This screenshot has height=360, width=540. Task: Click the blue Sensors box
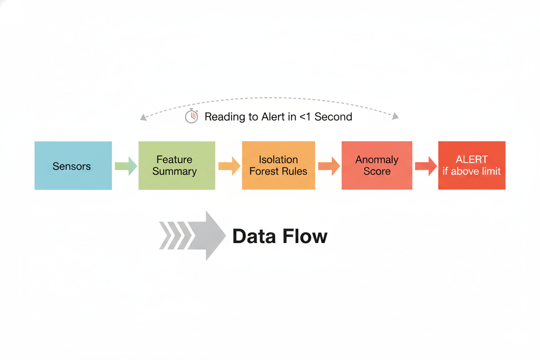[73, 165]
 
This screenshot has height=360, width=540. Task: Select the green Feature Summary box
[177, 165]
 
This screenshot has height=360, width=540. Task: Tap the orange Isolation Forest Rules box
[278, 165]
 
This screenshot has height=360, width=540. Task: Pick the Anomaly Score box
[376, 165]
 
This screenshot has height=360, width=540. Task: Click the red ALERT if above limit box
[472, 165]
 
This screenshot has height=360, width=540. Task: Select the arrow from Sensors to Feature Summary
[126, 166]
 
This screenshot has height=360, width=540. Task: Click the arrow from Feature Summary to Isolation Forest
[229, 166]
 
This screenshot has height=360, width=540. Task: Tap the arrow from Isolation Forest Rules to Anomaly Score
[329, 166]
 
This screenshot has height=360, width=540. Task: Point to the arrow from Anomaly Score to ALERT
[426, 166]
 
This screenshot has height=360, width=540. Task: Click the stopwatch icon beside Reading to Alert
[192, 116]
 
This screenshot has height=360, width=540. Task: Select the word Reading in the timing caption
[222, 117]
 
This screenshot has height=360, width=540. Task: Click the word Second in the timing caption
[333, 117]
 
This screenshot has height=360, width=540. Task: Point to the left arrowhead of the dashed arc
[144, 117]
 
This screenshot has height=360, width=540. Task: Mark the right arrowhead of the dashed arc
[395, 116]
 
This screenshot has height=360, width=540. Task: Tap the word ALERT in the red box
[472, 159]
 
